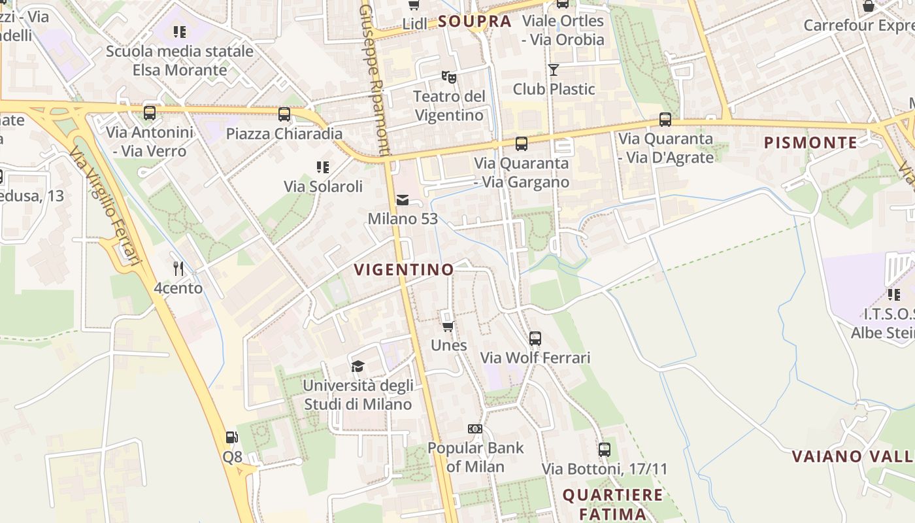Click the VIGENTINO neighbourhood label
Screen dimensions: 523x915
(x=403, y=269)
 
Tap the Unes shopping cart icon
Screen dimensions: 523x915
(x=448, y=326)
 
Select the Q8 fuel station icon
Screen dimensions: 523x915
(x=231, y=437)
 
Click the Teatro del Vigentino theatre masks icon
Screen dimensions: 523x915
(x=448, y=77)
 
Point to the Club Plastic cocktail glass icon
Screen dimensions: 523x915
(x=554, y=70)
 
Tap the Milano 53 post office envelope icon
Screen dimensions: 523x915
(x=402, y=200)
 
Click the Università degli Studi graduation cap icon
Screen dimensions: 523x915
(x=358, y=366)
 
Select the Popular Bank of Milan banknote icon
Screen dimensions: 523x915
(x=475, y=429)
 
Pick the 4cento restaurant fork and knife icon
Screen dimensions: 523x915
(x=178, y=269)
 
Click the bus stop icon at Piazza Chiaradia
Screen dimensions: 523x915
(x=284, y=114)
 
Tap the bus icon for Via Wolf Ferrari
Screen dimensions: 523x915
(x=535, y=339)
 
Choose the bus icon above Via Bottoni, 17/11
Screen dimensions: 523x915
(x=604, y=450)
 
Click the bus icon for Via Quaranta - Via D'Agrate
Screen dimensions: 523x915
(x=665, y=120)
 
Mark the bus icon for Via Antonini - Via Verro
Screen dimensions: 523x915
(x=150, y=113)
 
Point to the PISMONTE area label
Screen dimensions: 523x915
(x=810, y=143)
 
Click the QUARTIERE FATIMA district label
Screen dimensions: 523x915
(x=613, y=503)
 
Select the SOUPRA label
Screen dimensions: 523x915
(x=474, y=22)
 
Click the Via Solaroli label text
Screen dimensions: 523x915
(x=323, y=186)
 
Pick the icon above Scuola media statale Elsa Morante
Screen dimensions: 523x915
(x=180, y=31)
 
